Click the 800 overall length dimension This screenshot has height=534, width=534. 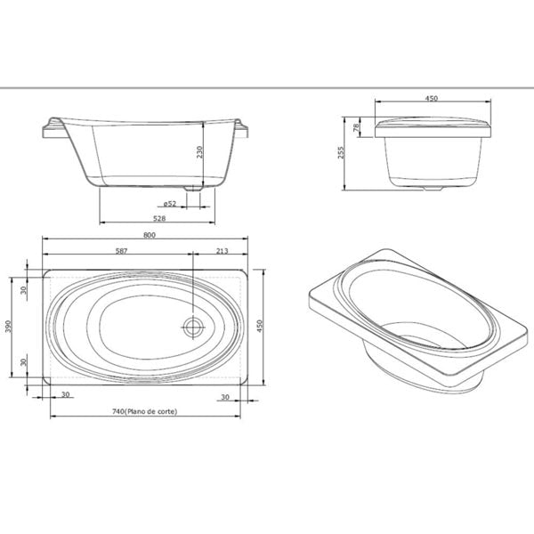(x=150, y=235)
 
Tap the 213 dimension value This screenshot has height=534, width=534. (x=222, y=251)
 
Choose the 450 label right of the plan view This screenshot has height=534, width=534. (x=262, y=326)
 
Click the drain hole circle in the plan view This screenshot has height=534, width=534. (x=193, y=327)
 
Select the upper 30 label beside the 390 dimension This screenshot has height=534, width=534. (x=25, y=288)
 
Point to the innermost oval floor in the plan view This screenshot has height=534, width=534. (x=142, y=327)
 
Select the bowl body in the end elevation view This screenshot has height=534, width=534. (x=432, y=165)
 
